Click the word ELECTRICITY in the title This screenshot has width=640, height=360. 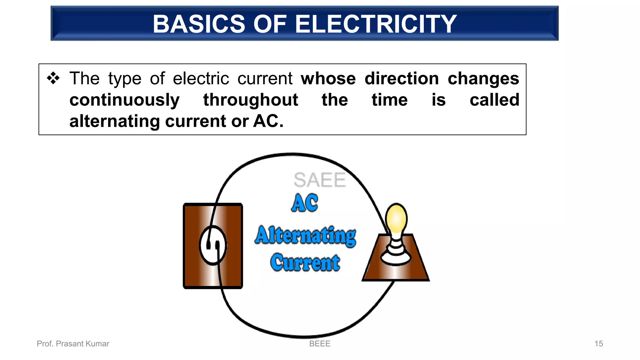pyautogui.click(x=376, y=24)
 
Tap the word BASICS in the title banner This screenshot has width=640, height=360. pyautogui.click(x=199, y=24)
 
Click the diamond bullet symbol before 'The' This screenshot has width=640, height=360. pyautogui.click(x=53, y=78)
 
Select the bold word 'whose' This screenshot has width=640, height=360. pyautogui.click(x=328, y=78)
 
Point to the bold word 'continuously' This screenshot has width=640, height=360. pyautogui.click(x=124, y=100)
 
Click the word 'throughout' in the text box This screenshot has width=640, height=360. pyautogui.click(x=251, y=100)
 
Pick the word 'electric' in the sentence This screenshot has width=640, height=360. pyautogui.click(x=201, y=78)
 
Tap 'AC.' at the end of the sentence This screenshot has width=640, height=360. pyautogui.click(x=268, y=121)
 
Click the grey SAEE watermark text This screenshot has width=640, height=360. pyautogui.click(x=319, y=180)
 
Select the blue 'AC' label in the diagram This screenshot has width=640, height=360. pyautogui.click(x=305, y=203)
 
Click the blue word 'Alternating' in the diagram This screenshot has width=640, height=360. pyautogui.click(x=305, y=236)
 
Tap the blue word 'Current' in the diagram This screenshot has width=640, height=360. pyautogui.click(x=305, y=262)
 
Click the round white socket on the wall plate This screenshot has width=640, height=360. pyautogui.click(x=213, y=245)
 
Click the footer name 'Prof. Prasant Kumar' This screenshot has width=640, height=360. pyautogui.click(x=73, y=344)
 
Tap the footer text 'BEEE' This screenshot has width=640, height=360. pyautogui.click(x=320, y=344)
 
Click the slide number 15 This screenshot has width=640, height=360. pyautogui.click(x=598, y=344)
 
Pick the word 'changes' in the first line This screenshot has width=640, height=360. pyautogui.click(x=483, y=78)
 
